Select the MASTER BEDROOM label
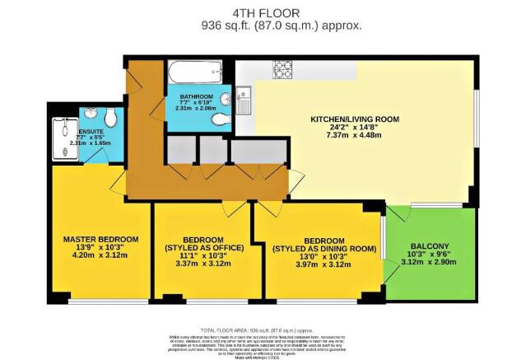pyautogui.click(x=101, y=239)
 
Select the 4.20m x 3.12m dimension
pyautogui.click(x=101, y=256)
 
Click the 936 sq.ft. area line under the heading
pyautogui.click(x=282, y=26)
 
